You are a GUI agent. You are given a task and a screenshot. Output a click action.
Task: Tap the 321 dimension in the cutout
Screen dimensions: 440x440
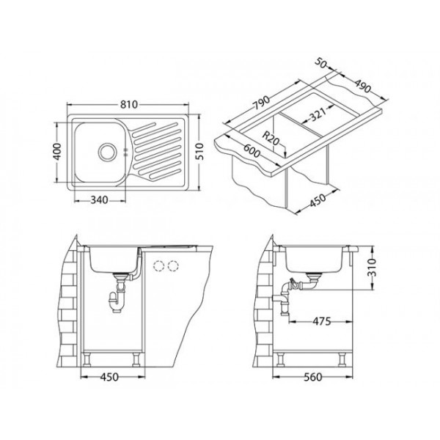pos(318,113)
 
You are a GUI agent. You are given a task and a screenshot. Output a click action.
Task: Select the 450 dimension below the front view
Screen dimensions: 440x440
pos(110,378)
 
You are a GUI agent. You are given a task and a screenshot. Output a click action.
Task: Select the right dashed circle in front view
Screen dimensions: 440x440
pos(173,265)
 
